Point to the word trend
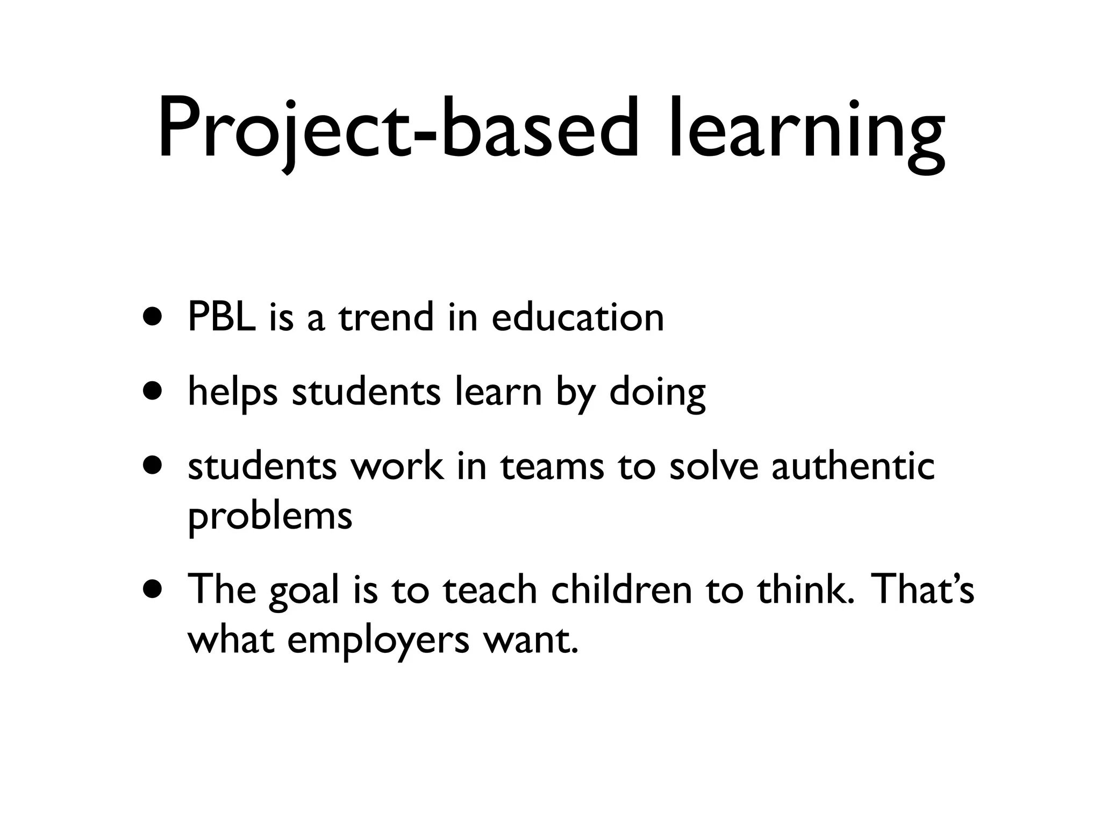click(x=385, y=317)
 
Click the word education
click(x=578, y=317)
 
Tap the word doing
click(x=657, y=393)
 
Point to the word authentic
click(x=853, y=466)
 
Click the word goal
click(x=304, y=592)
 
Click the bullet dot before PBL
click(x=152, y=317)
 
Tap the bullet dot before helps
click(x=152, y=391)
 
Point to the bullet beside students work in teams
click(x=152, y=466)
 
